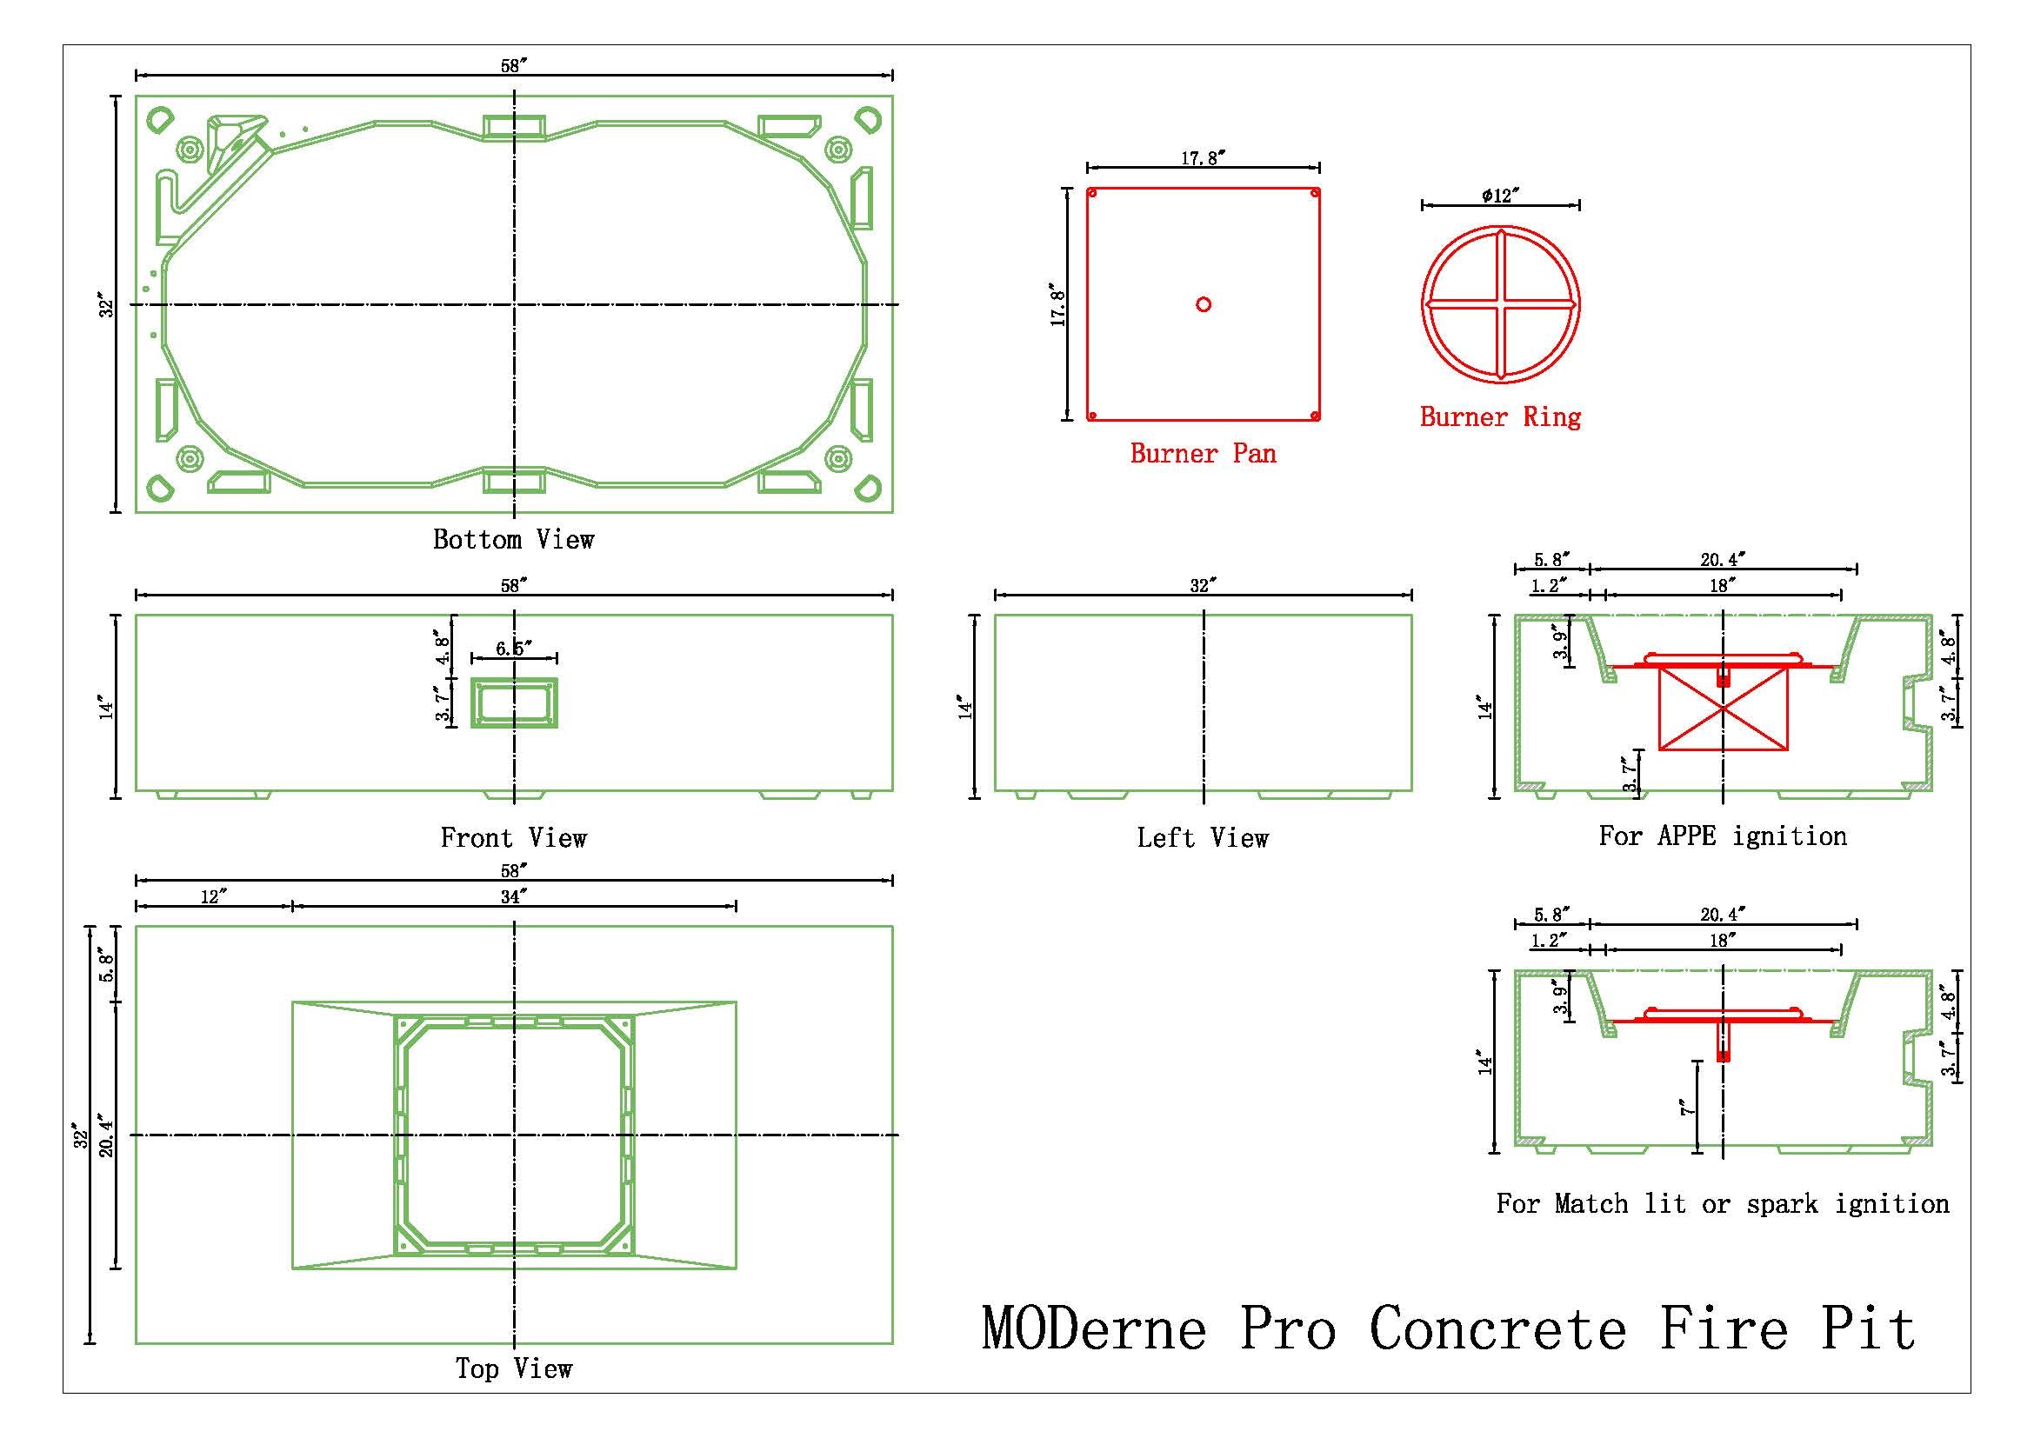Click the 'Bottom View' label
[513, 539]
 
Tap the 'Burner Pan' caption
[1202, 454]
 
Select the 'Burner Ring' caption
[1500, 417]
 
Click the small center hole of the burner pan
[1203, 304]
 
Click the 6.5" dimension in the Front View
[513, 649]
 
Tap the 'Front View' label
[513, 837]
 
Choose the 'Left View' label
[1202, 837]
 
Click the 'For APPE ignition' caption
[1722, 836]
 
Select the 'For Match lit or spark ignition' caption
[1722, 1203]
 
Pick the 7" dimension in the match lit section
[1687, 1107]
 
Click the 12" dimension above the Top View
[214, 897]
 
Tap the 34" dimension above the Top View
[513, 897]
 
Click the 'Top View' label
[513, 1369]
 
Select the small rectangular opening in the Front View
[514, 703]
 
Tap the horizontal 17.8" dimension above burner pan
[1202, 158]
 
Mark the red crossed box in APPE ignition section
[1722, 709]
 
